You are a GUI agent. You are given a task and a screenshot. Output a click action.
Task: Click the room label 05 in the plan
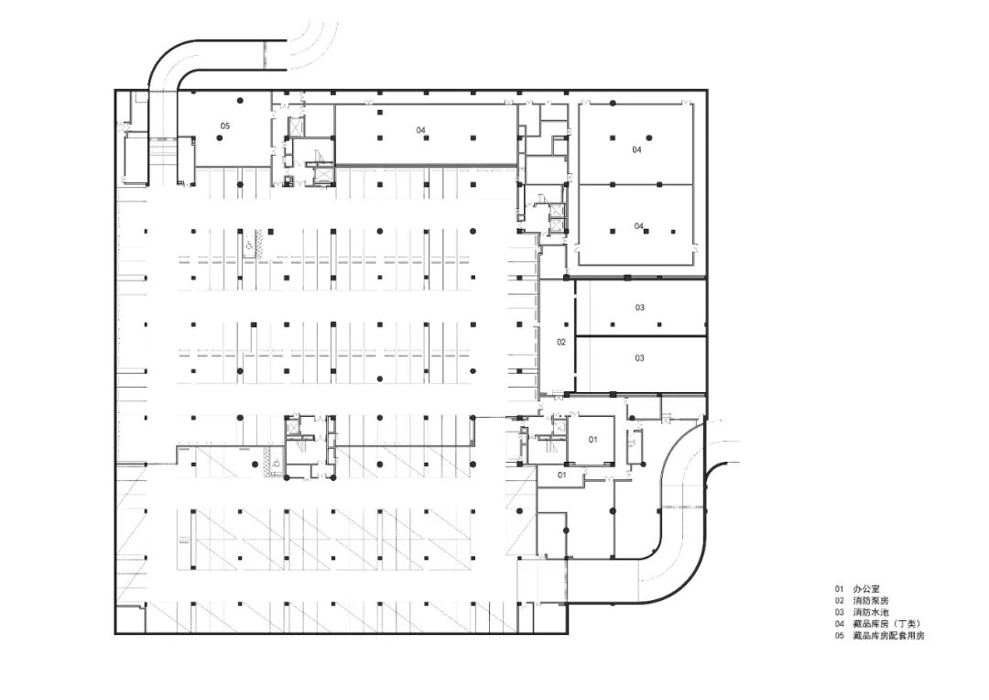pos(224,126)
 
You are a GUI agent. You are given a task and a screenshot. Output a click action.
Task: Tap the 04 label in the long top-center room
pos(420,130)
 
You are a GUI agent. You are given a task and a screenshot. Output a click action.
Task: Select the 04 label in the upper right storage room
pos(637,149)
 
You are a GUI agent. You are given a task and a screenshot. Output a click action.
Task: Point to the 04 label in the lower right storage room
pos(639,226)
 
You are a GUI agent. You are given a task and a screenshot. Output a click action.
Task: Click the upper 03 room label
pos(639,308)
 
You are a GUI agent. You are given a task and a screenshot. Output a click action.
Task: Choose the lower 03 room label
pos(639,358)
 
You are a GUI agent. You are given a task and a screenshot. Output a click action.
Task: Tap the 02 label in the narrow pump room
pos(561,342)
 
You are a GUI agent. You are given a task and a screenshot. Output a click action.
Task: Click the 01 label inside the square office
pos(592,439)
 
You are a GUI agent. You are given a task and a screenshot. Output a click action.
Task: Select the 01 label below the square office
pos(561,474)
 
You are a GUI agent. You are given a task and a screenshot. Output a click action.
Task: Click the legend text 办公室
pos(865,589)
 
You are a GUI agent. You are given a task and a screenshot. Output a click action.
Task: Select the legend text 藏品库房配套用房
pos(888,636)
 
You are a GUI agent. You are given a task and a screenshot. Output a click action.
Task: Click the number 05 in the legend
pos(839,636)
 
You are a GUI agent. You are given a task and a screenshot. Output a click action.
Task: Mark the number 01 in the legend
pos(839,589)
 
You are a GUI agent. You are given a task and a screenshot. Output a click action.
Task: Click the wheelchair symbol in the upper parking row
pos(249,246)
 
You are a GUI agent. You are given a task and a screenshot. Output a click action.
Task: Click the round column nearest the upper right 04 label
pos(647,137)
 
